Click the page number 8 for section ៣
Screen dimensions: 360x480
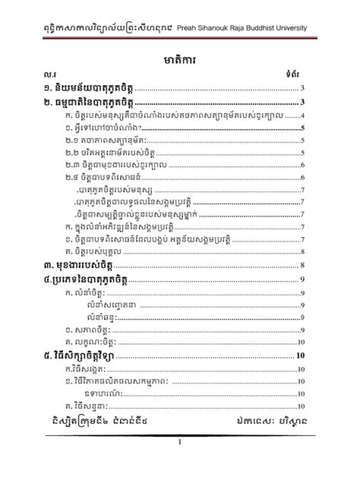pyautogui.click(x=302, y=265)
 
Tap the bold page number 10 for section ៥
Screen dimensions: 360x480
pyautogui.click(x=301, y=354)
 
